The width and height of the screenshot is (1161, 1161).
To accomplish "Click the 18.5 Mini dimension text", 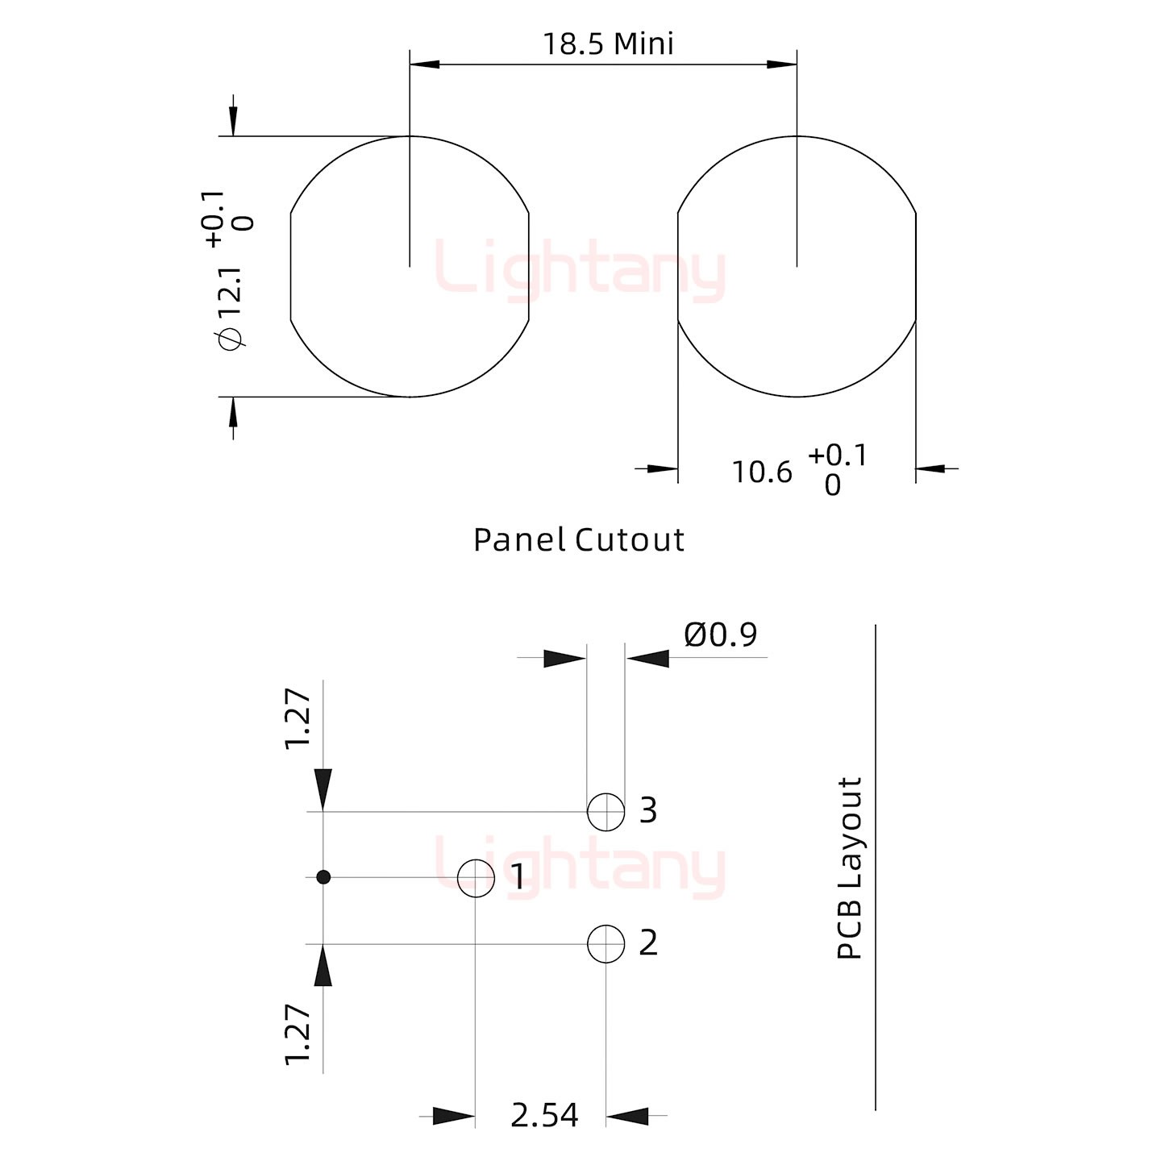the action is [x=608, y=44].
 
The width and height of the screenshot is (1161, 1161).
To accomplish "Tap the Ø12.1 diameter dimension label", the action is [x=232, y=308].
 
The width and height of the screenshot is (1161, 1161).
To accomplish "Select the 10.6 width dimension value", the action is [x=762, y=472].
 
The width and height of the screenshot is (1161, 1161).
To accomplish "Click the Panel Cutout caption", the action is [x=578, y=539].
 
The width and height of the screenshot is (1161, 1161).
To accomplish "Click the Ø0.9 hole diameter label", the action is [x=721, y=635].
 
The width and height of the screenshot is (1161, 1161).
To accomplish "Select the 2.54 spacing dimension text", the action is [x=544, y=1115].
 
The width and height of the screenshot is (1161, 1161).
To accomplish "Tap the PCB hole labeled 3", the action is [x=605, y=812].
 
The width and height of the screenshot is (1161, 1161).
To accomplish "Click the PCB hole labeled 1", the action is [x=476, y=879].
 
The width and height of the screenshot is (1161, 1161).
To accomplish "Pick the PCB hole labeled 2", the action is [x=605, y=944].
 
